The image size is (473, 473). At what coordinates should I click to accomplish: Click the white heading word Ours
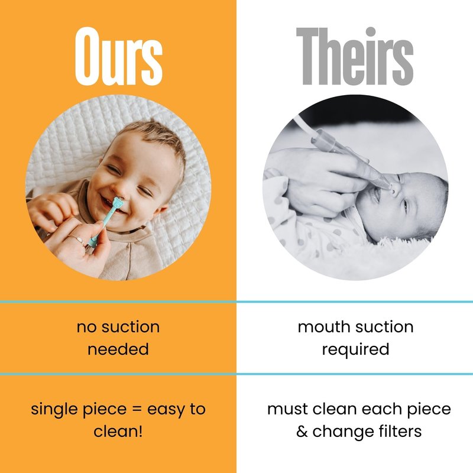click(x=119, y=56)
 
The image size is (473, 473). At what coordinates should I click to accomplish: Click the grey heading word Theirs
click(x=355, y=56)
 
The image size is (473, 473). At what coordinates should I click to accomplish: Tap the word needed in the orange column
click(x=118, y=349)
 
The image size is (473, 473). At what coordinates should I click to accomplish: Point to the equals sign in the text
click(x=137, y=410)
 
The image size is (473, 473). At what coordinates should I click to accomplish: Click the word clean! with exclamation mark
click(x=118, y=432)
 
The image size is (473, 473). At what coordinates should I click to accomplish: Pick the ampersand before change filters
click(x=302, y=432)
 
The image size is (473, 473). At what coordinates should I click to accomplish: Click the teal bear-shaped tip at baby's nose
click(x=117, y=203)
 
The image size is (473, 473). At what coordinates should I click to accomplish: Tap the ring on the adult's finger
click(x=77, y=239)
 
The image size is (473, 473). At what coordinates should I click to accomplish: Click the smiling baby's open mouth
click(x=109, y=205)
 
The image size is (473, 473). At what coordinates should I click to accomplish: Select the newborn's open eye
click(x=405, y=206)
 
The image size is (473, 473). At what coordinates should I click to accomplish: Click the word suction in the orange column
click(x=131, y=327)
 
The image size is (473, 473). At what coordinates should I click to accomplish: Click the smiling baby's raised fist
click(x=52, y=209)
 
